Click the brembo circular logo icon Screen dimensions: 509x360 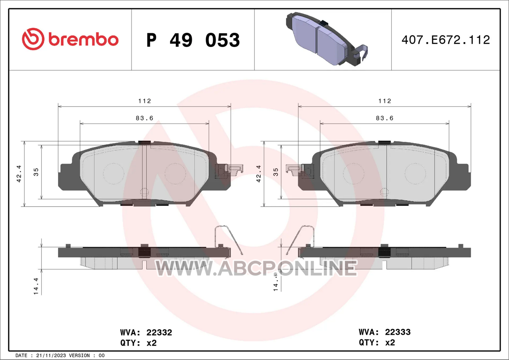(x=33, y=39)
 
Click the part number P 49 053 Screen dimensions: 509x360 (x=193, y=40)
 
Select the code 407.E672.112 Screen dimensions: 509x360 (x=446, y=40)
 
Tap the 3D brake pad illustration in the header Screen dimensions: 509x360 (x=327, y=39)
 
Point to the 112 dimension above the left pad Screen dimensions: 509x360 (x=144, y=101)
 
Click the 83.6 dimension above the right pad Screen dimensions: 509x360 (x=385, y=118)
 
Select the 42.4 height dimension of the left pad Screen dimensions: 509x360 (x=19, y=174)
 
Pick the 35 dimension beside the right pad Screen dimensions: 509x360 (x=276, y=172)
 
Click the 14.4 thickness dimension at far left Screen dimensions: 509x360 (x=36, y=286)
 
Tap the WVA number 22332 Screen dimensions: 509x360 (x=159, y=333)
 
